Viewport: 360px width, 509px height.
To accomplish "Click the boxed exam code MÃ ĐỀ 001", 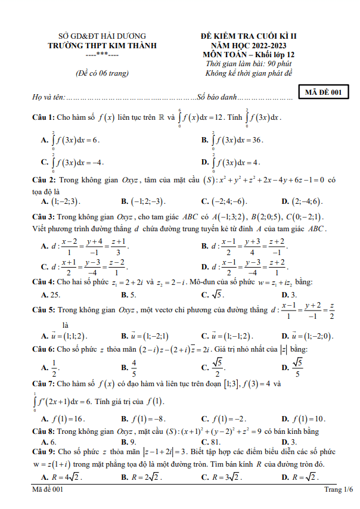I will [x=322, y=92].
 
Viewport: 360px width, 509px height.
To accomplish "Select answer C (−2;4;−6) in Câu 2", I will [x=224, y=201].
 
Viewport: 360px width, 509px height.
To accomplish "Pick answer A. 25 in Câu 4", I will [x=50, y=294].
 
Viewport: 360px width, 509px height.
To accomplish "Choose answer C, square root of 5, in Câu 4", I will [x=212, y=294].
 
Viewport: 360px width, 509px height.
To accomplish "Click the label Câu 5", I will [x=44, y=310].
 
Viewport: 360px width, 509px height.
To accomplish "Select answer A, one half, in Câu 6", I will [x=51, y=368].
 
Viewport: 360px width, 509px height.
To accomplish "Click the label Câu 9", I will [x=44, y=452].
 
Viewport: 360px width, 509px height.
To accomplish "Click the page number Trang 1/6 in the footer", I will [x=338, y=489].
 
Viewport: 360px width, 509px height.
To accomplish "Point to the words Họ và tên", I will [x=48, y=97].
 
